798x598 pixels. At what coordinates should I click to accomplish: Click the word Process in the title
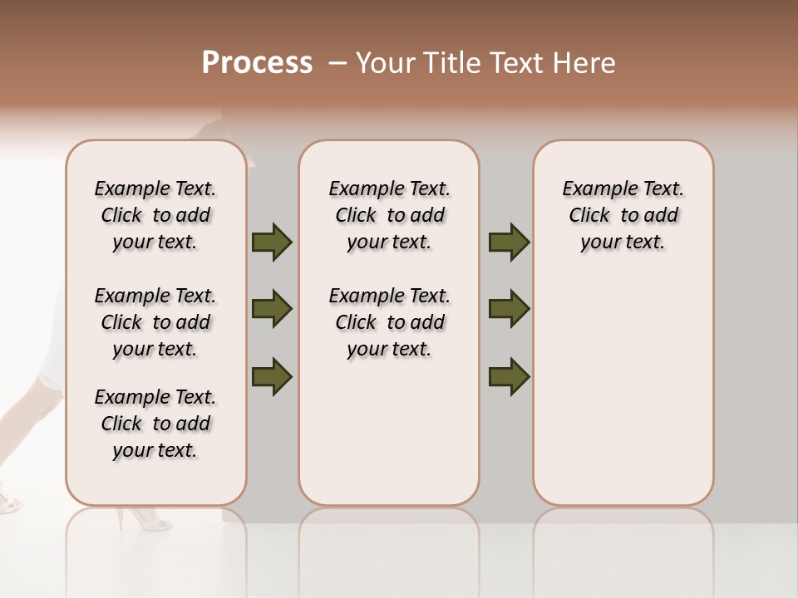pos(257,63)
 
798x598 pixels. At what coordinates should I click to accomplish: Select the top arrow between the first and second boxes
pos(272,243)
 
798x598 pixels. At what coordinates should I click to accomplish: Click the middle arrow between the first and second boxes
pos(272,309)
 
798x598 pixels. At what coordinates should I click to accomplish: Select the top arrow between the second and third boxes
pos(509,243)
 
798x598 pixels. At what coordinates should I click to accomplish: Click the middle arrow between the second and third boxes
pos(509,309)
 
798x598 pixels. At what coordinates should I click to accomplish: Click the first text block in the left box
pos(155,215)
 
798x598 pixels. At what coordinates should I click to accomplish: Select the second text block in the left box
pos(155,322)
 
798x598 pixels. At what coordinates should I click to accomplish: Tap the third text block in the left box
pos(155,424)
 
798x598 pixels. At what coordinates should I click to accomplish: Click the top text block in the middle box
pos(389,215)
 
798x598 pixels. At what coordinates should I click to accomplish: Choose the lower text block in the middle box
pos(389,322)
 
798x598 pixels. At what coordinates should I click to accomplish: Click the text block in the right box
pos(623,215)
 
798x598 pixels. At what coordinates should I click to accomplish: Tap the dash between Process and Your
pos(337,63)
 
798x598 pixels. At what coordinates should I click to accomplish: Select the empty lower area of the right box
pos(623,390)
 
